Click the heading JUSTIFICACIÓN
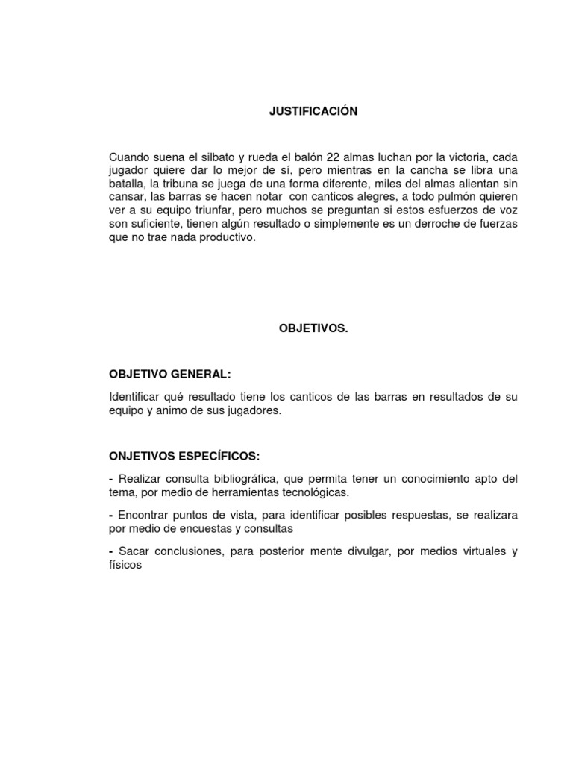click(x=313, y=112)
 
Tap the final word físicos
click(x=125, y=565)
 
